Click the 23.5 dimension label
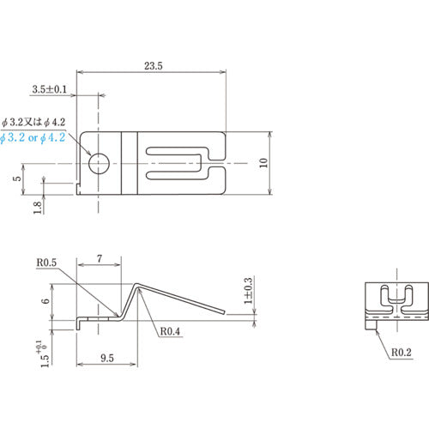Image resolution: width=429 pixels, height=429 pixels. click(154, 66)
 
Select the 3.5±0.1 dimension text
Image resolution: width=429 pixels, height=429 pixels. click(49, 89)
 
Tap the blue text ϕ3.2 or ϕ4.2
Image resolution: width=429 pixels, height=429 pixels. click(33, 138)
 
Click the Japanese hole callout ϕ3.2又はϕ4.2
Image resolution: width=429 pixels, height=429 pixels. click(33, 123)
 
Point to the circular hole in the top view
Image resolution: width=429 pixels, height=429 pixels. click(99, 164)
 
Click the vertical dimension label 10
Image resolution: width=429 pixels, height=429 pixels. click(263, 163)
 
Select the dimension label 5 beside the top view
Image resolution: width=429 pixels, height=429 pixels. click(17, 178)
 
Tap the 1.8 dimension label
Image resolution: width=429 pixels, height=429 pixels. click(38, 208)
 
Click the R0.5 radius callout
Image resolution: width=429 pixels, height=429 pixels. click(46, 263)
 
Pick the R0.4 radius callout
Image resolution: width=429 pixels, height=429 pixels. click(170, 331)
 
